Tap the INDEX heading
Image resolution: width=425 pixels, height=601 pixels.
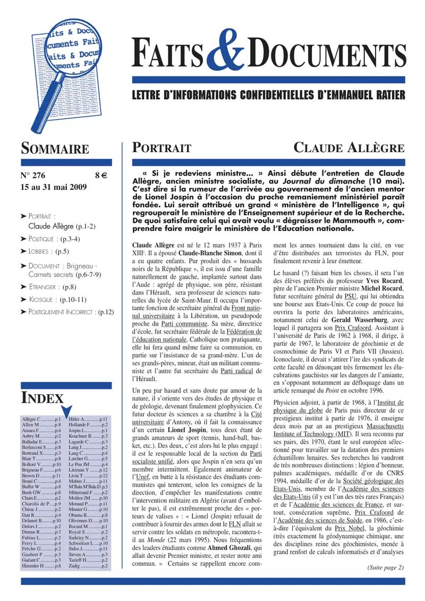tap(42, 397)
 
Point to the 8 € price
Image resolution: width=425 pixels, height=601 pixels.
tap(101, 176)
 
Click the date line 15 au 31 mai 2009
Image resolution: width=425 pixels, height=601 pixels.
tap(57, 187)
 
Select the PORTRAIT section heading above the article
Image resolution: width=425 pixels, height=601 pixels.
tap(161, 148)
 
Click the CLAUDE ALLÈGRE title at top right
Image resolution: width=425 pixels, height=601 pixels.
tap(349, 148)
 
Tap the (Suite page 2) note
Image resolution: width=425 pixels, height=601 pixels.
tap(385, 567)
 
